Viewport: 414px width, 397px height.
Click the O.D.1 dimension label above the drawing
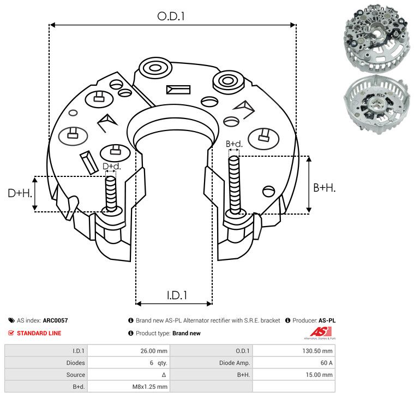coord(171,16)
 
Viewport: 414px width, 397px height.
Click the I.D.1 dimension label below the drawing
coord(177,295)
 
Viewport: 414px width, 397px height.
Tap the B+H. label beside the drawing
coord(324,188)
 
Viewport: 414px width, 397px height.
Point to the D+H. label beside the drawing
coord(20,193)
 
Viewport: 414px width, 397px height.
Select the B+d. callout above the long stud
coord(234,144)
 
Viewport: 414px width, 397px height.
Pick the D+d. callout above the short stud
coord(112,166)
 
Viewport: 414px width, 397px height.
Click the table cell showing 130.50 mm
coord(317,351)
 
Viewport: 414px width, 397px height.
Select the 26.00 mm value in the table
coord(154,351)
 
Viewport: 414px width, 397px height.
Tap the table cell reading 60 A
coord(326,363)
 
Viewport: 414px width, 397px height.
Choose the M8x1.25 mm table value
coord(149,387)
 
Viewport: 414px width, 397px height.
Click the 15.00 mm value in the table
coord(319,375)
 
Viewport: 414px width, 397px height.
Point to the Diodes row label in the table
coord(75,363)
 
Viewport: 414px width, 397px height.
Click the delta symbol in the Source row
coord(164,375)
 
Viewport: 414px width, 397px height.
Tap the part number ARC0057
coord(56,321)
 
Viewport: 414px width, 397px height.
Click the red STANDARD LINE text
coord(39,333)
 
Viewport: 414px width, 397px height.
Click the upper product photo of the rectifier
coord(377,38)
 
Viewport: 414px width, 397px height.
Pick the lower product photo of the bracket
coord(377,105)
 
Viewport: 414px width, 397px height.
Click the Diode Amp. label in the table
coord(235,363)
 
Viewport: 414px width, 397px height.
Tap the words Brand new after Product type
coord(187,333)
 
